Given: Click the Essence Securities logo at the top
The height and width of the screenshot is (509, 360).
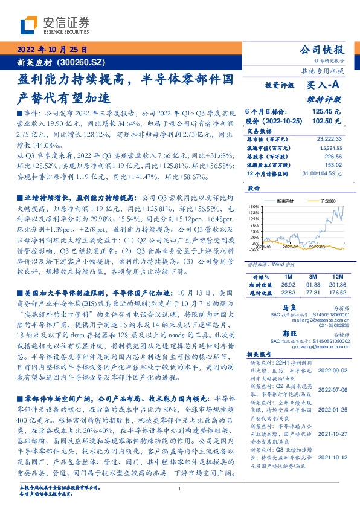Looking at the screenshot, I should (x=54, y=25).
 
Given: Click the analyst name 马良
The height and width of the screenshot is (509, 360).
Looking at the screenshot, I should (x=274, y=308).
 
